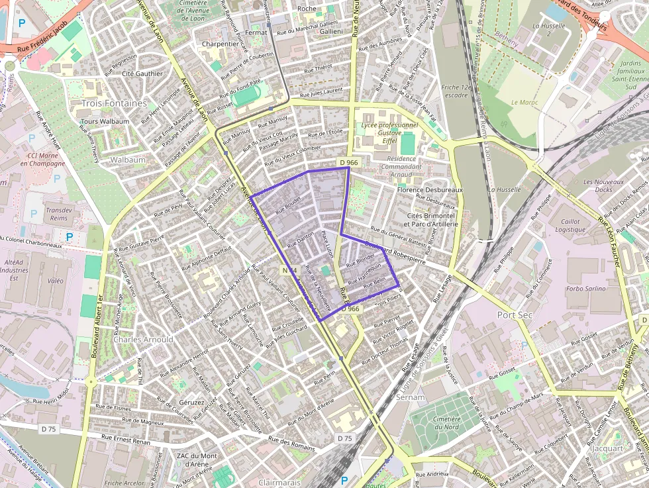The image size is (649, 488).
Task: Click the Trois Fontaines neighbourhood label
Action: (114, 103)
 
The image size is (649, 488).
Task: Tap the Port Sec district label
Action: (515, 315)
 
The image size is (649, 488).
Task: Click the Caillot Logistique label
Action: (570, 226)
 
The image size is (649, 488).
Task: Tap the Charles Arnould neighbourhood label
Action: (144, 339)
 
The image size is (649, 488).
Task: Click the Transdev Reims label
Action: (58, 213)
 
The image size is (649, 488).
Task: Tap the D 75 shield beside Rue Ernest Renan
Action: (48, 428)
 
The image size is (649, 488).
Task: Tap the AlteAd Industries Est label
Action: (13, 271)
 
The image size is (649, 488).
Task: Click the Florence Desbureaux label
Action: (429, 190)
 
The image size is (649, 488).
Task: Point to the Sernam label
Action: (410, 397)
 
